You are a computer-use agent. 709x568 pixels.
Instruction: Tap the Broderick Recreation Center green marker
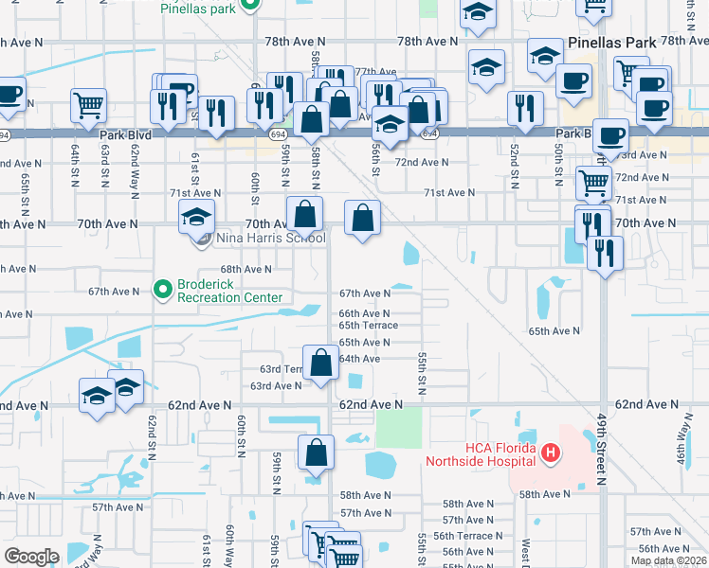coord(162,287)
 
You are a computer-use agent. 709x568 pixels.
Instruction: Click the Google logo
coord(31,557)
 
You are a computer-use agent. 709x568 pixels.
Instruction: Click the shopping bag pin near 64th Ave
coord(321,363)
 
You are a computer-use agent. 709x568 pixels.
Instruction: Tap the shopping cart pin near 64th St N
coord(88,104)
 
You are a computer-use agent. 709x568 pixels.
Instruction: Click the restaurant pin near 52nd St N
coord(518,107)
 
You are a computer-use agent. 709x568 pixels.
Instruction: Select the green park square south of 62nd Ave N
coord(398,428)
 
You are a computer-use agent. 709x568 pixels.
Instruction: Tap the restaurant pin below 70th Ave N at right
coord(604,252)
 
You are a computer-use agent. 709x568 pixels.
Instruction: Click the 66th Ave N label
coord(364,313)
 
